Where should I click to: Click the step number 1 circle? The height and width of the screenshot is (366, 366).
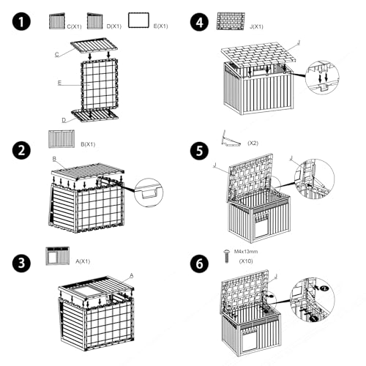click(21, 21)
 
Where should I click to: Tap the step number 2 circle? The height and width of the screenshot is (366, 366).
click(21, 150)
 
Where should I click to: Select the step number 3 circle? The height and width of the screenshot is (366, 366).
click(21, 263)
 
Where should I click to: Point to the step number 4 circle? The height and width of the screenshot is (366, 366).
click(200, 22)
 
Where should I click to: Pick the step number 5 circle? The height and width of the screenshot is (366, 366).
click(200, 151)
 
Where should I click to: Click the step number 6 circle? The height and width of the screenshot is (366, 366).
click(200, 264)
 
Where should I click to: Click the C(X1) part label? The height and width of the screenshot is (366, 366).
click(74, 26)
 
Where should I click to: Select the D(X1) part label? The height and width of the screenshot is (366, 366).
click(114, 26)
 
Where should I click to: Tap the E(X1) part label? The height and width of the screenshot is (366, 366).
click(160, 26)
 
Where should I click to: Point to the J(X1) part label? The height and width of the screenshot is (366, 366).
click(256, 26)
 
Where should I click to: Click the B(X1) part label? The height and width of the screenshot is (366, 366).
click(88, 144)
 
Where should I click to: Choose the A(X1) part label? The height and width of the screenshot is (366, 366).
click(83, 261)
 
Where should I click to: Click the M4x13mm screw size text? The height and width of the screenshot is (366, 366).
click(246, 251)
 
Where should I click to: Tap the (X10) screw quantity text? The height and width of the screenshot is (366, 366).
click(246, 261)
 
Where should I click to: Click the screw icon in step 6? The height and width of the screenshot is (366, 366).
click(227, 256)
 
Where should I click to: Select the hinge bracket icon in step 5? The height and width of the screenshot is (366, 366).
click(231, 138)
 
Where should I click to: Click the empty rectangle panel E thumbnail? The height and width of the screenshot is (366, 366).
click(138, 20)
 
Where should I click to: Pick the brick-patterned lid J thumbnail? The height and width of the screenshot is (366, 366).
click(231, 21)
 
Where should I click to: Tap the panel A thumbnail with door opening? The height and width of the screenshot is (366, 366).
click(58, 255)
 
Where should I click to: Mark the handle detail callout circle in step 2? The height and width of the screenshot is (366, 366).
click(149, 193)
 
